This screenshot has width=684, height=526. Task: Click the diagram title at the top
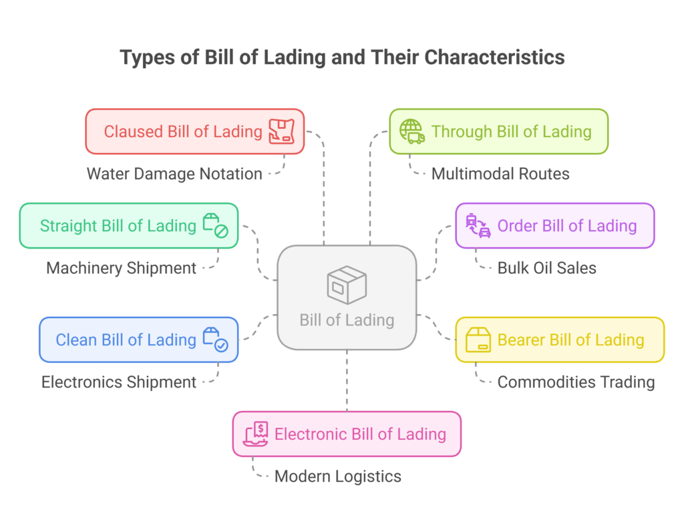pyautogui.click(x=342, y=57)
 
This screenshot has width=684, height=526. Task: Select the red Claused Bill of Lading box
pyautogui.click(x=194, y=132)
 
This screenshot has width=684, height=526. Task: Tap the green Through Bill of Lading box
pyautogui.click(x=498, y=132)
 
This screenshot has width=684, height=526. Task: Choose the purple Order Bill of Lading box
pyautogui.click(x=554, y=226)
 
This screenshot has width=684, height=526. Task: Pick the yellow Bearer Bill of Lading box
pyautogui.click(x=560, y=340)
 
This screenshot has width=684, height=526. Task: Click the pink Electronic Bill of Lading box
pyautogui.click(x=347, y=434)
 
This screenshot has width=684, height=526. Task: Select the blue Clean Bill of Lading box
pyautogui.click(x=138, y=340)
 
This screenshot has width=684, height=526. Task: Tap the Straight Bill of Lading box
pyautogui.click(x=128, y=226)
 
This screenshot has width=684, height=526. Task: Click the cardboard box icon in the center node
pyautogui.click(x=347, y=284)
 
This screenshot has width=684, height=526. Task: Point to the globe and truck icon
pyautogui.click(x=411, y=132)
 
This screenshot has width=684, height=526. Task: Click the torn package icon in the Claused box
pyautogui.click(x=281, y=132)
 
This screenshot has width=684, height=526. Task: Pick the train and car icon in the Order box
pyautogui.click(x=478, y=226)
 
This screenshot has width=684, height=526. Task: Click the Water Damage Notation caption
pyautogui.click(x=174, y=174)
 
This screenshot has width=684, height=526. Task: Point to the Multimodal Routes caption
pyautogui.click(x=500, y=174)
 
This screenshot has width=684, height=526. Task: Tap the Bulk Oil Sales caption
pyautogui.click(x=546, y=268)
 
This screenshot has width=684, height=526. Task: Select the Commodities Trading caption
pyautogui.click(x=576, y=382)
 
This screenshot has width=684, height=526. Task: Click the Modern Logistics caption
pyautogui.click(x=338, y=477)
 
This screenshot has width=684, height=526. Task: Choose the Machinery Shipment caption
pyautogui.click(x=121, y=268)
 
